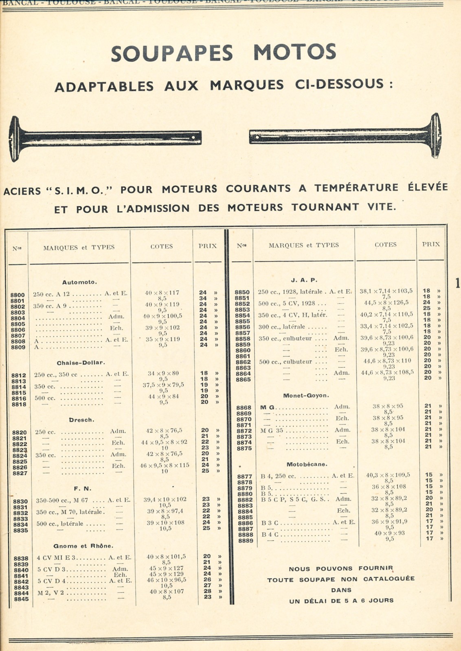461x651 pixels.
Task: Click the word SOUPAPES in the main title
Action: point(172,53)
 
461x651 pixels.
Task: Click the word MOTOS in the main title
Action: point(295,52)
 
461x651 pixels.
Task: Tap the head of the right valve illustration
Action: point(436,135)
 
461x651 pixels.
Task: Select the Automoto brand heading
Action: point(79,282)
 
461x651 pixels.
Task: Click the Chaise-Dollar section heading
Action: point(81,363)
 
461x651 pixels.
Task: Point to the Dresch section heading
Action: point(81,419)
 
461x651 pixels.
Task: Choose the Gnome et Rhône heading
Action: point(83,546)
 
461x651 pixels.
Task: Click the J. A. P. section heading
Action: point(304,280)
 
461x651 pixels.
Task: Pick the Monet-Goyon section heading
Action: point(306,395)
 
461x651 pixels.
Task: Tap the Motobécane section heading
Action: point(307,464)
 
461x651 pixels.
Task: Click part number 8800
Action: point(18,295)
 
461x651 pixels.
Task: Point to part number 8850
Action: point(242,292)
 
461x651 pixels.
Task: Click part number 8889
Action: point(245,541)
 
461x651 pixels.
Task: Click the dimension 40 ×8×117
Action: point(161,293)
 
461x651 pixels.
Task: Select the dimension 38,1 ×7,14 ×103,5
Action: point(386,291)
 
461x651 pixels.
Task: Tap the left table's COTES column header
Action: point(161,246)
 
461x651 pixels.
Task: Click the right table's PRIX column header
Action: point(430,244)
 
